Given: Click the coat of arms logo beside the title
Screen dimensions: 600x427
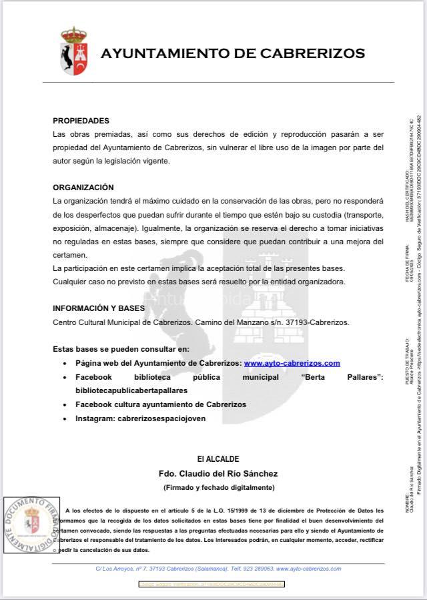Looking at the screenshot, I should click(73, 51).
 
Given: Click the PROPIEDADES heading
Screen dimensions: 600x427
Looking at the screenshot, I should click(81, 121).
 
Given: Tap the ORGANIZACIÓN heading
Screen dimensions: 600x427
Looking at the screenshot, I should click(83, 188).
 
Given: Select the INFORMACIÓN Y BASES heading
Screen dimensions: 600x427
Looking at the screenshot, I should click(99, 308).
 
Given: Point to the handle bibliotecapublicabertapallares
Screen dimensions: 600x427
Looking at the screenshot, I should click(131, 390).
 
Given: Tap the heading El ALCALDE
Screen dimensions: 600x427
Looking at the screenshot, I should click(218, 440).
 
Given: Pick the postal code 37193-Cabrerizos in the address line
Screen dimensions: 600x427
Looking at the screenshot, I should click(304, 322).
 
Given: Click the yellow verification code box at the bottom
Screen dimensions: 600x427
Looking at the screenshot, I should click(211, 584).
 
